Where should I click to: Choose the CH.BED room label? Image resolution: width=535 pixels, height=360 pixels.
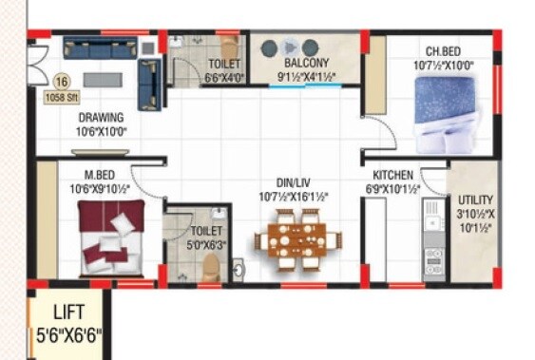point(445,52)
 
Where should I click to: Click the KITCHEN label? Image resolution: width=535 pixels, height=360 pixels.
point(392,176)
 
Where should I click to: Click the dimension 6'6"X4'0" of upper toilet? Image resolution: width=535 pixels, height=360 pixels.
point(224,80)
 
